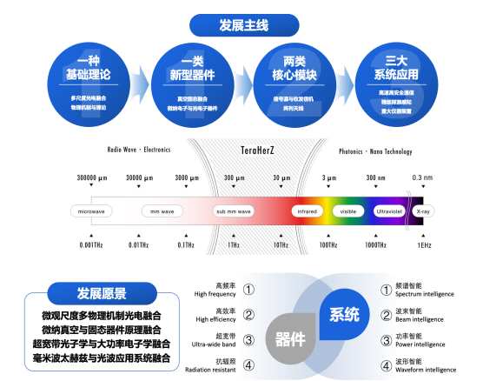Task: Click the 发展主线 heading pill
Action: [x=243, y=25]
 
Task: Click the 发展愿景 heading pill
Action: [x=102, y=294]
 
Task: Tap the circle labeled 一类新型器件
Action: [x=192, y=84]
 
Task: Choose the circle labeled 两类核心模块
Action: [x=294, y=84]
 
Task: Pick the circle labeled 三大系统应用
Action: [x=396, y=84]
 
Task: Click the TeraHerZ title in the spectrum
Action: [x=259, y=150]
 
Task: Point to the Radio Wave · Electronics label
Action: [x=138, y=150]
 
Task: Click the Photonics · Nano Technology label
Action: [x=375, y=150]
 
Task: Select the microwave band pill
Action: [x=91, y=211]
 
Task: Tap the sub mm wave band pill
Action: [x=234, y=211]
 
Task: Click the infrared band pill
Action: [x=307, y=211]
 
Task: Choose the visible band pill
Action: [x=347, y=211]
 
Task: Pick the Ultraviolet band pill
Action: [x=388, y=211]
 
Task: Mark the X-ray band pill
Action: [x=423, y=211]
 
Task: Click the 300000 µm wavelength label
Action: [x=91, y=177]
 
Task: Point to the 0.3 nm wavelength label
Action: [x=422, y=177]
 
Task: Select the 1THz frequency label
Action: [x=234, y=245]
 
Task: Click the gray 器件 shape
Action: [x=290, y=339]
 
